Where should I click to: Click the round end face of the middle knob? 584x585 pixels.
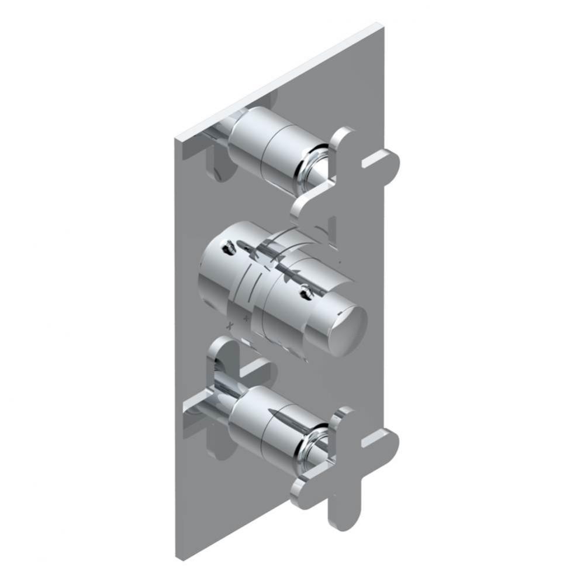pyautogui.click(x=347, y=331)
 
